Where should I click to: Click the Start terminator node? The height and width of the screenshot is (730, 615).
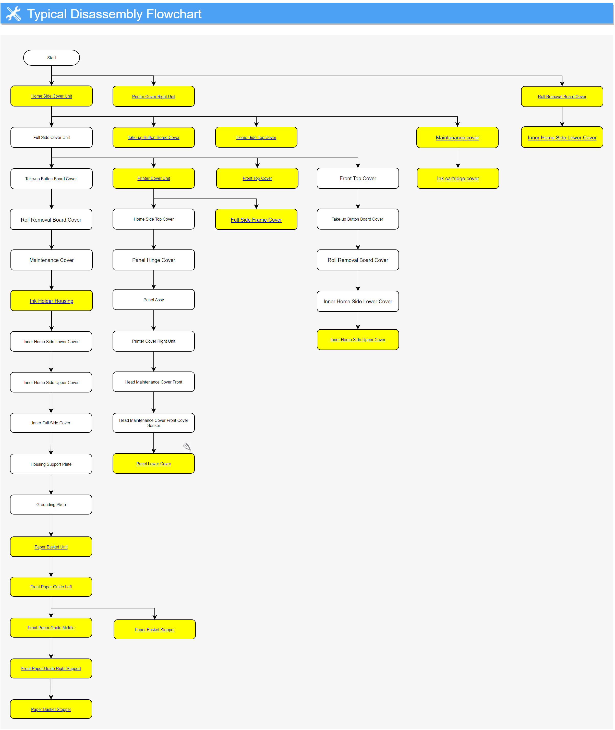[x=52, y=57]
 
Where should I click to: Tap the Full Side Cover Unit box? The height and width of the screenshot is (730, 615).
[x=52, y=137]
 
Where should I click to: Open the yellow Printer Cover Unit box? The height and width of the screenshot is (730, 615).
[x=154, y=178]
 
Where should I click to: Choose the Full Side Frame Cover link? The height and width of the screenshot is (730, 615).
[x=256, y=220]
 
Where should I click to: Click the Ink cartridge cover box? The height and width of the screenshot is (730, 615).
[x=458, y=178]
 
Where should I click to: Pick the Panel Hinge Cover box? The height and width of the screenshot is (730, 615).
[x=154, y=260]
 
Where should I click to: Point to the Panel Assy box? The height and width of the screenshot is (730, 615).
[x=154, y=300]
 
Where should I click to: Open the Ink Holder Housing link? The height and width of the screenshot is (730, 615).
[x=52, y=301]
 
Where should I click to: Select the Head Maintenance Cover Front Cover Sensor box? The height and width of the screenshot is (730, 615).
[x=154, y=423]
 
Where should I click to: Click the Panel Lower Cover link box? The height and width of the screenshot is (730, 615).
[x=154, y=464]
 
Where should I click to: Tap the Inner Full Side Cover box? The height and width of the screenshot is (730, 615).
[x=51, y=423]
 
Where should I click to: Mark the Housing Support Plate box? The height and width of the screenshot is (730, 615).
[x=51, y=464]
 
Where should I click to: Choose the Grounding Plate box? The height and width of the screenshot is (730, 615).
[x=51, y=505]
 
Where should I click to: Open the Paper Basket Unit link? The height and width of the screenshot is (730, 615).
[x=51, y=547]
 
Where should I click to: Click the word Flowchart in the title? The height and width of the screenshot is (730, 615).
[x=174, y=14]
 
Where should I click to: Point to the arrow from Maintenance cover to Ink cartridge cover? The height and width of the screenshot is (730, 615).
[x=458, y=158]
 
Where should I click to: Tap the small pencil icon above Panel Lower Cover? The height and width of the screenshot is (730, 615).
[x=187, y=447]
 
